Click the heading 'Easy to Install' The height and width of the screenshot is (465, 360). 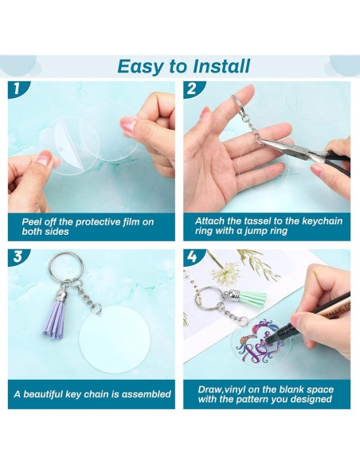point(183,65)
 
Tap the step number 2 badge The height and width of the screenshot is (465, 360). point(192,89)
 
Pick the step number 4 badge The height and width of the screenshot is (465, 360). point(192,257)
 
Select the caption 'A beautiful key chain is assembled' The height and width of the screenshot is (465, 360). point(92,393)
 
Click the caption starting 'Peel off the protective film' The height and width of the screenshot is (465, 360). point(84,226)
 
